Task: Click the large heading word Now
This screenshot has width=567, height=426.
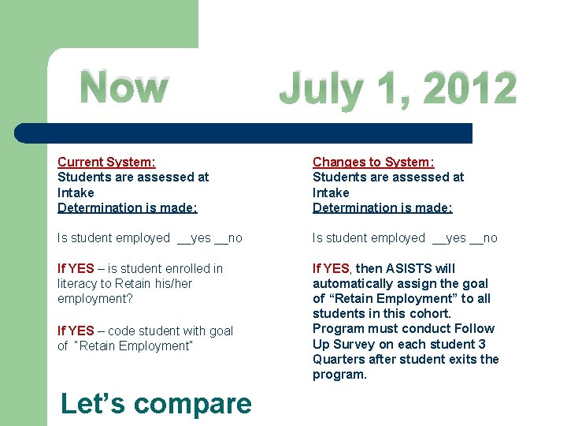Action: [124, 87]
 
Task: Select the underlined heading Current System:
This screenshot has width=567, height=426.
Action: [106, 162]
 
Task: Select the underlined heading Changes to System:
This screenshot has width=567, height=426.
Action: [373, 162]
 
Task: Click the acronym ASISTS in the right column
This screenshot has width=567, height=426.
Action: [408, 268]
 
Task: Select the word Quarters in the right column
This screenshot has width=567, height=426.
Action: [339, 359]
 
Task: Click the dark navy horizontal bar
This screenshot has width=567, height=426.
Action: [244, 133]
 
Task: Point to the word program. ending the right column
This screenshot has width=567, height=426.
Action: [339, 374]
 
